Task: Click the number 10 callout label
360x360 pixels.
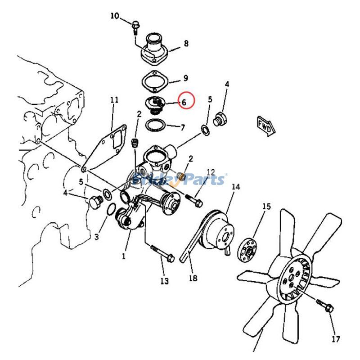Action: [x=115, y=16]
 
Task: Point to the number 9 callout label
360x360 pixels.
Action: [x=185, y=78]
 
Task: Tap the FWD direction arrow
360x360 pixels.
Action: [x=265, y=126]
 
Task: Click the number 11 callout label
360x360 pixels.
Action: [x=114, y=100]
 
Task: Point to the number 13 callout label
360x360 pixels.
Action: [x=164, y=281]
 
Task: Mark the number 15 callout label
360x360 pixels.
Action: [x=266, y=207]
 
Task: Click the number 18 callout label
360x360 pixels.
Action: [x=193, y=278]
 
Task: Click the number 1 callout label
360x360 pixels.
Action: [x=123, y=256]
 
